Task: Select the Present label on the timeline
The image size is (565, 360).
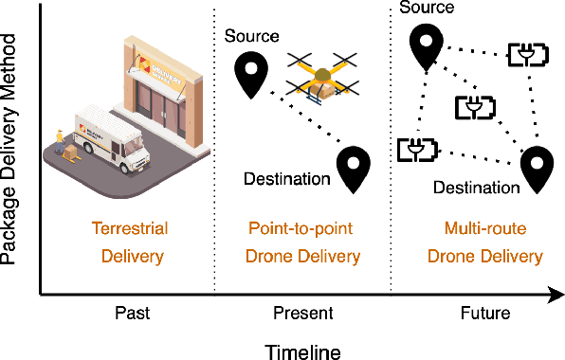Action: point(302,312)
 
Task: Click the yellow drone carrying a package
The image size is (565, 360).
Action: point(323,77)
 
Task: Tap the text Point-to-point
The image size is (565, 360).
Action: point(302,228)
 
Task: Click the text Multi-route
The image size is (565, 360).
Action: point(483,228)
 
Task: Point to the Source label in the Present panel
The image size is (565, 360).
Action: point(252,36)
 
